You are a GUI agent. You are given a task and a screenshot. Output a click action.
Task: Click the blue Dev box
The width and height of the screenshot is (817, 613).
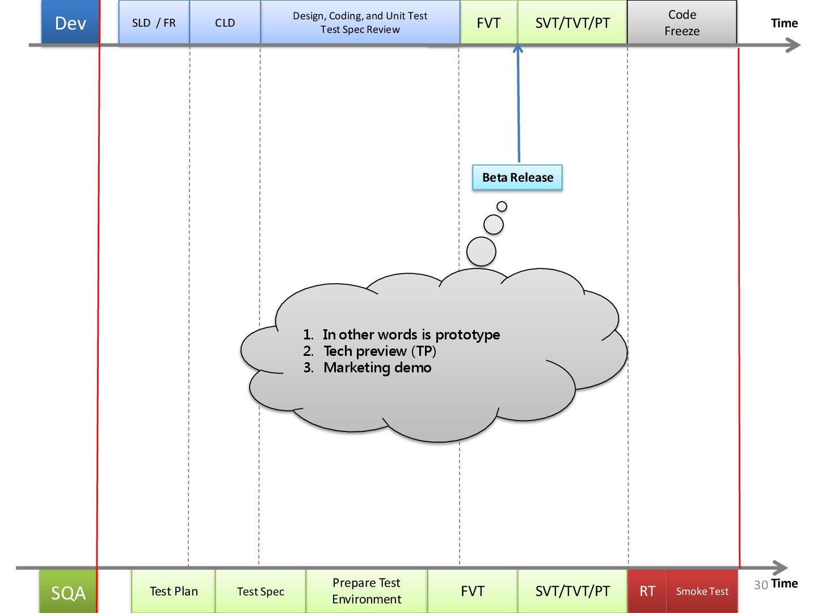(x=70, y=23)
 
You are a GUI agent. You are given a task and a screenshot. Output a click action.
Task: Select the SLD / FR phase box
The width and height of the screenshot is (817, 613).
(x=154, y=23)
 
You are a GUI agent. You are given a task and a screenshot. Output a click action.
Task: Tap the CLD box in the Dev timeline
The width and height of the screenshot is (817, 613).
(x=225, y=23)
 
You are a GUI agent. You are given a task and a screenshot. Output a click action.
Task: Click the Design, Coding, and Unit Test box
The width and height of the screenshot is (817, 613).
(x=360, y=23)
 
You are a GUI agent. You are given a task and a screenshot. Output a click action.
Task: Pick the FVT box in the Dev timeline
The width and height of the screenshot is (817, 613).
(x=488, y=23)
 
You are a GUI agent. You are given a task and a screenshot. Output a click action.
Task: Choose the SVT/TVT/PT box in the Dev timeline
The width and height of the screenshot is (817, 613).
(x=572, y=23)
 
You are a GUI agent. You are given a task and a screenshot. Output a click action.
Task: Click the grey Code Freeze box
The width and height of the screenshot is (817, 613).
(x=681, y=23)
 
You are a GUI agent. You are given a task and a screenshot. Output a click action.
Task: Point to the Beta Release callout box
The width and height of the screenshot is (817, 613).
(x=517, y=178)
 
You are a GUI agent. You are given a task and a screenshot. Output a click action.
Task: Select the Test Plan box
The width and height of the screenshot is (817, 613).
(x=174, y=591)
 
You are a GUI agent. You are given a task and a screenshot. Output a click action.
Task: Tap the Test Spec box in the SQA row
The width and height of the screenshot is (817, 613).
(x=260, y=591)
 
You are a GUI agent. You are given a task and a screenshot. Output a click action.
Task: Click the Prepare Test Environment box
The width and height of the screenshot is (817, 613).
(x=367, y=591)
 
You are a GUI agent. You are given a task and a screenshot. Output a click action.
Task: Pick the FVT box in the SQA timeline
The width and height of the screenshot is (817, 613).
(x=473, y=591)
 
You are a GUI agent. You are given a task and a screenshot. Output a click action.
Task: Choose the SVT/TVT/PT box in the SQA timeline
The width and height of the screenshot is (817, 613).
(x=572, y=591)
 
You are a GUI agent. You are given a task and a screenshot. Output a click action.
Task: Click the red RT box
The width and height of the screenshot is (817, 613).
(x=647, y=591)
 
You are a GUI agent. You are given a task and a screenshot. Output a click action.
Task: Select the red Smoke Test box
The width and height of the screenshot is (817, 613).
(x=702, y=591)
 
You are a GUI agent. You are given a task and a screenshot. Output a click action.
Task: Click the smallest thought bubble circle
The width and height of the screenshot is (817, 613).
(x=502, y=207)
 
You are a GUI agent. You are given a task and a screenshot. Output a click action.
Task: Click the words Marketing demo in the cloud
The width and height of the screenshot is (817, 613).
(x=377, y=368)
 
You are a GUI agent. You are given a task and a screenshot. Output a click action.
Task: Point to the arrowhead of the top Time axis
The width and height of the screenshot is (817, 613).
(x=794, y=45)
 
